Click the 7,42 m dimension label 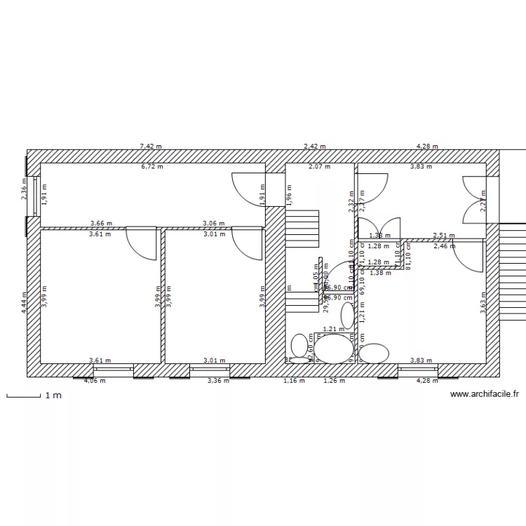(x=151, y=147)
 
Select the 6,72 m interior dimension (x=151, y=167)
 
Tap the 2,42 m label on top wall (x=314, y=147)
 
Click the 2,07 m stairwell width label (x=320, y=167)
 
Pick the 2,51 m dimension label (x=443, y=236)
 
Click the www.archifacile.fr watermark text (x=483, y=396)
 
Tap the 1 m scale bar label (x=53, y=396)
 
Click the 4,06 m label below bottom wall (x=95, y=381)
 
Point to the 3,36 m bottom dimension (x=218, y=381)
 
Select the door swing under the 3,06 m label (x=247, y=243)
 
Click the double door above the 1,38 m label (x=379, y=228)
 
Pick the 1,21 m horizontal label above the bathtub (x=333, y=329)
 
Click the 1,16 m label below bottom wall (x=295, y=381)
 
